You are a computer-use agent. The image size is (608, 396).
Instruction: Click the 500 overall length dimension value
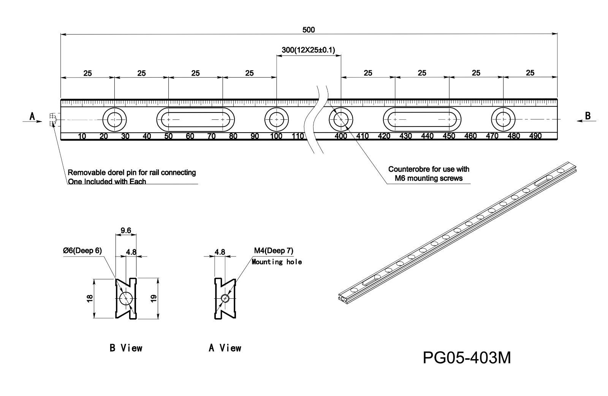click(x=309, y=30)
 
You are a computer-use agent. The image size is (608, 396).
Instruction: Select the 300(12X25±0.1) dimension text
click(x=308, y=50)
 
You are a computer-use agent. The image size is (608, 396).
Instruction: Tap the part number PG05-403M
click(x=467, y=358)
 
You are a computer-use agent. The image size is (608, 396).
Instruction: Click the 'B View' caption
click(x=126, y=348)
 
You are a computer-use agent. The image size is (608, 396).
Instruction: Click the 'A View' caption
click(x=225, y=348)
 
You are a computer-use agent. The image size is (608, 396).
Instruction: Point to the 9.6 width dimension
click(x=126, y=230)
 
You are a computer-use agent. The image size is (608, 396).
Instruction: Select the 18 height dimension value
click(x=90, y=298)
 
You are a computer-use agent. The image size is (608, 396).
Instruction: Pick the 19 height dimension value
click(x=154, y=299)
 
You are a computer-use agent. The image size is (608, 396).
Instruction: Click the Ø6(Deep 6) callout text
click(x=82, y=251)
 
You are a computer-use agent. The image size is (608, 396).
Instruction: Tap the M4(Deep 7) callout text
click(x=274, y=251)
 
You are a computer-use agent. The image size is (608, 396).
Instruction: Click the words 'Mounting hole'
click(x=277, y=262)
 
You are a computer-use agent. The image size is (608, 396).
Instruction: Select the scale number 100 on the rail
click(x=276, y=136)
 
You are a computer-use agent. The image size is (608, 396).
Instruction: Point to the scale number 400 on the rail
click(x=341, y=136)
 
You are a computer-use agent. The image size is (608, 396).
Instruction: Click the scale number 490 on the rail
click(x=535, y=136)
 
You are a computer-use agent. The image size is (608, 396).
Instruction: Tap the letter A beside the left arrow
click(x=33, y=116)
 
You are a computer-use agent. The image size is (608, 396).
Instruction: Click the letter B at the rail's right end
click(x=588, y=116)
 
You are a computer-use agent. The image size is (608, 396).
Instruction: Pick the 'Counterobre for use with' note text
click(x=429, y=169)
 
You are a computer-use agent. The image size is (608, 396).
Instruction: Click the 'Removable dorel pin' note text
click(x=132, y=173)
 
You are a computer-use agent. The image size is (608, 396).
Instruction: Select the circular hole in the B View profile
click(x=125, y=299)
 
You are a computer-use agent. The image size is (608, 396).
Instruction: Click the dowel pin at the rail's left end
click(x=53, y=120)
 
